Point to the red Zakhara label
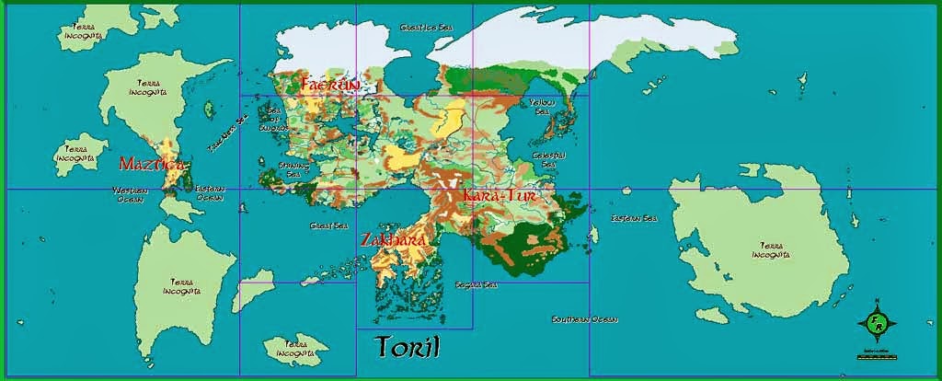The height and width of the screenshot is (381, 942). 393,240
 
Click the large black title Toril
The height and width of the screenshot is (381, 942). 408,346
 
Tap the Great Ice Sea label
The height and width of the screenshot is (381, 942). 423,29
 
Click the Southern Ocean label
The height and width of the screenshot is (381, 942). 584,319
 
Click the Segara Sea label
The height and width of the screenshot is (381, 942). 476,285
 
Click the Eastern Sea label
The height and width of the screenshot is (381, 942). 634,219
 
